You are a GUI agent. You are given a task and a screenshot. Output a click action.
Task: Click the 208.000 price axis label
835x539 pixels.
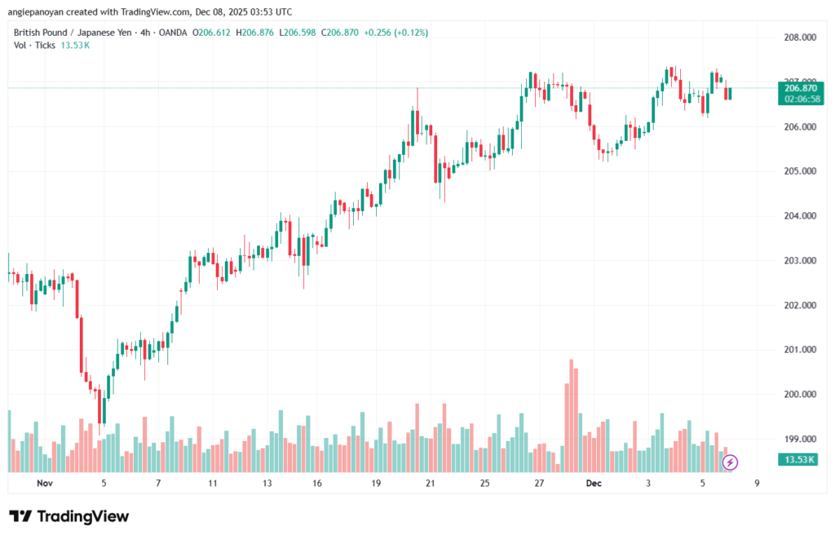coord(799,38)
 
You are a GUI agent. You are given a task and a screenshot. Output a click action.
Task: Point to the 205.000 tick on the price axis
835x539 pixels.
coord(799,171)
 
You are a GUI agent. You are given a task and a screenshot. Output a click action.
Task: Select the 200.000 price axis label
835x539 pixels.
coord(799,394)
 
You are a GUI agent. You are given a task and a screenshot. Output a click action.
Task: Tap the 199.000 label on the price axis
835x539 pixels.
coord(799,439)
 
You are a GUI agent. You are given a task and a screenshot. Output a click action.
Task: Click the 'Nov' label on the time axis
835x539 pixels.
coord(45,483)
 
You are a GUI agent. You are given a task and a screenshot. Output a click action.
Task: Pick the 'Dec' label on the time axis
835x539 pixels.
coord(594,483)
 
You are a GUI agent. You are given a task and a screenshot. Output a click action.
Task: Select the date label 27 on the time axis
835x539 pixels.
coord(539,483)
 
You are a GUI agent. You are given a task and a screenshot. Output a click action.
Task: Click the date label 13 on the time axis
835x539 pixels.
coord(267,483)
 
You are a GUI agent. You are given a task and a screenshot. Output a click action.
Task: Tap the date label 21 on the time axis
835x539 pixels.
coord(431,483)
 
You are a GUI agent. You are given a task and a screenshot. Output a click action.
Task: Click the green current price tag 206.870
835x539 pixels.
coord(800,87)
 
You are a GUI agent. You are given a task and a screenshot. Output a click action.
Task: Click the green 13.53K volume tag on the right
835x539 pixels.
coord(800,460)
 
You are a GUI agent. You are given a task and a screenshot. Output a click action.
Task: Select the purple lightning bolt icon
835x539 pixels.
coord(731,462)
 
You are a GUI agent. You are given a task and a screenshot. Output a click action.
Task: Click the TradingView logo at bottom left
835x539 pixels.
coord(68,516)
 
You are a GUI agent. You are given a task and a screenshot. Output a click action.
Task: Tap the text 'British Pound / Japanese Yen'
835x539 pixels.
coord(76,33)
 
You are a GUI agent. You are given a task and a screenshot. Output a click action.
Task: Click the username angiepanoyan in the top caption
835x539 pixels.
coord(41,12)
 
